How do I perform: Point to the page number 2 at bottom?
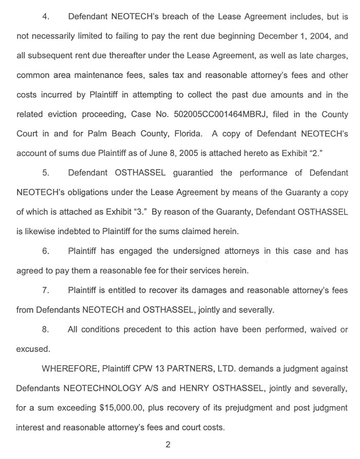[167, 445]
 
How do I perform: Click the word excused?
[33, 349]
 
